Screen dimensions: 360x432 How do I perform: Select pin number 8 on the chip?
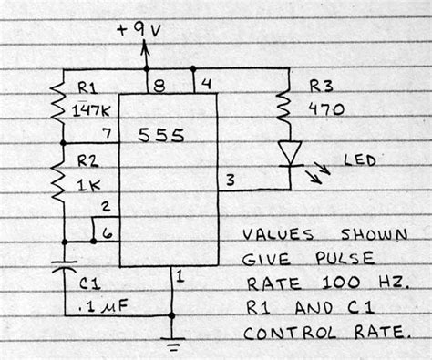pyautogui.click(x=160, y=88)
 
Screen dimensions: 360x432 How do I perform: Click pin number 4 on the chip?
pyautogui.click(x=206, y=87)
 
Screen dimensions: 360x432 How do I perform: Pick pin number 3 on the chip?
pyautogui.click(x=230, y=180)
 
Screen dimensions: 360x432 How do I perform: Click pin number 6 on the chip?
pyautogui.click(x=108, y=233)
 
